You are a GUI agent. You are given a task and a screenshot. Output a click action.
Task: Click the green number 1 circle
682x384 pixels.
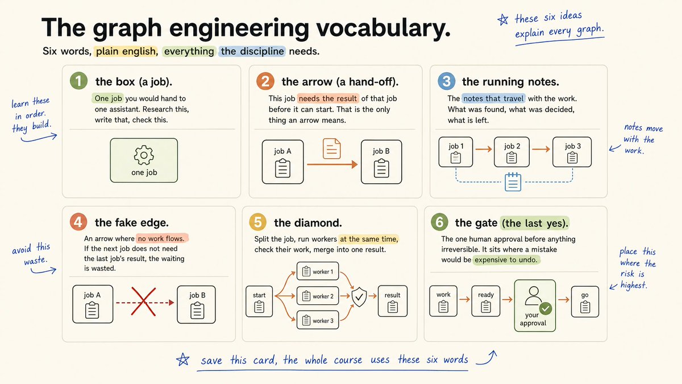[78, 81]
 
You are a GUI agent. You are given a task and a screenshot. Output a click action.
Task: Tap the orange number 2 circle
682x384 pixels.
[265, 81]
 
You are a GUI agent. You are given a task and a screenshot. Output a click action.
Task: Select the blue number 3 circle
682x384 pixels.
[446, 81]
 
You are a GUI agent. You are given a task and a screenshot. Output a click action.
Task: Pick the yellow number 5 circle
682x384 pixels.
[257, 222]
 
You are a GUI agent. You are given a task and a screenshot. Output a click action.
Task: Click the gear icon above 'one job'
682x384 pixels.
[144, 155]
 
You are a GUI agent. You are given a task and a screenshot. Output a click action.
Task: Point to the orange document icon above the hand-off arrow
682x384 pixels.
[331, 148]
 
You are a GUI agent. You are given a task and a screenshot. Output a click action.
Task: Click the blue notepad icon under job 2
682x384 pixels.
[513, 182]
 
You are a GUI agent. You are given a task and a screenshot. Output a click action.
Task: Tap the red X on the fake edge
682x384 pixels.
[143, 302]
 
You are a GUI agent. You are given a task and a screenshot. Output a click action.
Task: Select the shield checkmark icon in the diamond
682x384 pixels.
[359, 297]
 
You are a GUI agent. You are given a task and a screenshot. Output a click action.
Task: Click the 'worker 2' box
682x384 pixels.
[318, 296]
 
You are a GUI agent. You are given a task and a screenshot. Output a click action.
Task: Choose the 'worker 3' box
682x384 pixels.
[318, 320]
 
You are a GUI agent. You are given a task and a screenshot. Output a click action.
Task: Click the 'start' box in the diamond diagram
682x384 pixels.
[259, 302]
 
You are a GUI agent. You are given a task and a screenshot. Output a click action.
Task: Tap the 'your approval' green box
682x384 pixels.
[535, 305]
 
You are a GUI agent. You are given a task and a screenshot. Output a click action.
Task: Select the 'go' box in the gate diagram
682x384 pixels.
[585, 302]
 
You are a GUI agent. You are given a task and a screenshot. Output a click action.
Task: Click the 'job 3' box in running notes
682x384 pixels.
[572, 152]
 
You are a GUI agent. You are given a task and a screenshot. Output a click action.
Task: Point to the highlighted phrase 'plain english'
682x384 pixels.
[126, 51]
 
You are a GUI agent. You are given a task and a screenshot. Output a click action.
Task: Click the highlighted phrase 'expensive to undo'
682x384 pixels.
[506, 259]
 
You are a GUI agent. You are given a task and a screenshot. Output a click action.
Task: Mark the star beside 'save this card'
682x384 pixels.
[182, 360]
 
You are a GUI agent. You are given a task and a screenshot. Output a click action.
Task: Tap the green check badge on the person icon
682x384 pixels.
[545, 309]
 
